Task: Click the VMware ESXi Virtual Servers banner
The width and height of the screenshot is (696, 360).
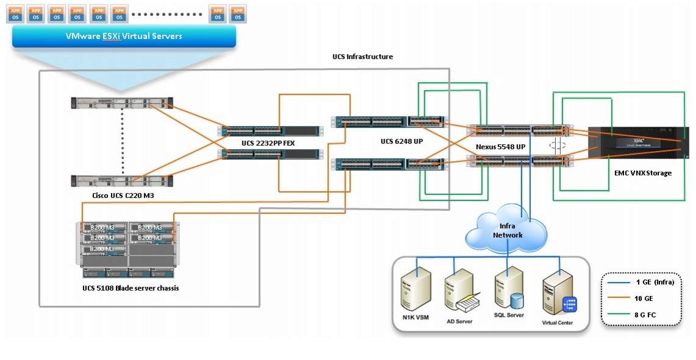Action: pyautogui.click(x=124, y=37)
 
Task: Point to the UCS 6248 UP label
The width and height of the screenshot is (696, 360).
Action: pyautogui.click(x=403, y=141)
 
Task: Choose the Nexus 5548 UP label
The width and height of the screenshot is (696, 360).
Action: pyautogui.click(x=501, y=148)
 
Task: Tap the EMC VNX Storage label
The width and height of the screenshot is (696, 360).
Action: pyautogui.click(x=642, y=173)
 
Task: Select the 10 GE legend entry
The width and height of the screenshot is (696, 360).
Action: pyautogui.click(x=645, y=298)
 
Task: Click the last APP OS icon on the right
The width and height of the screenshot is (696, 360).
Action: pyautogui.click(x=238, y=13)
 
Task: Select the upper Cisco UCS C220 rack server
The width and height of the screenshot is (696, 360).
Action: pyautogui.click(x=121, y=104)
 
